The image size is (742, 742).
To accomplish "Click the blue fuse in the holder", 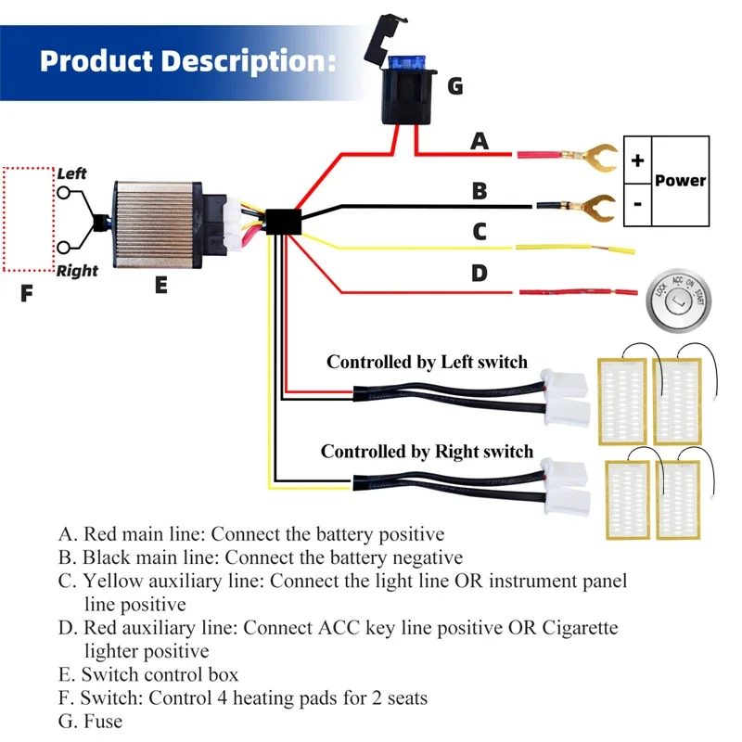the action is pyautogui.click(x=406, y=62).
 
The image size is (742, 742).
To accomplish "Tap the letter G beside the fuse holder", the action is pyautogui.click(x=455, y=86).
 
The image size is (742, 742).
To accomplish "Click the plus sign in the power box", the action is pyautogui.click(x=637, y=160).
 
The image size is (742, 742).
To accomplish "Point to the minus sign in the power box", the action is pyautogui.click(x=638, y=204).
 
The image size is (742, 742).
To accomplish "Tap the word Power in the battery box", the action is pyautogui.click(x=680, y=180).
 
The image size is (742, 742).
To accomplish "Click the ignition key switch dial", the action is pyautogui.click(x=679, y=301).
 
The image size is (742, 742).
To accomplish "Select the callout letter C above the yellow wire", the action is pyautogui.click(x=480, y=231).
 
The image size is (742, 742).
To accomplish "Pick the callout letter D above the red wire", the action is pyautogui.click(x=480, y=273).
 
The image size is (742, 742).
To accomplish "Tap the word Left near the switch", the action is pyautogui.click(x=72, y=173).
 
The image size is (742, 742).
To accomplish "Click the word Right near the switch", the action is pyautogui.click(x=77, y=271).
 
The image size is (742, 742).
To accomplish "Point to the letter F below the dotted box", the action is pyautogui.click(x=27, y=293).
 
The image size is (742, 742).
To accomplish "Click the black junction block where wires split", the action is pyautogui.click(x=284, y=222).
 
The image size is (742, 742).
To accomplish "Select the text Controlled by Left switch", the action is pyautogui.click(x=427, y=362).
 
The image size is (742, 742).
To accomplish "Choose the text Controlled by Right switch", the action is pyautogui.click(x=427, y=452).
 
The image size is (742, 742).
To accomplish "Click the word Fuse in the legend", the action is pyautogui.click(x=103, y=722).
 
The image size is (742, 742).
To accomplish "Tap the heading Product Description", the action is pyautogui.click(x=188, y=61).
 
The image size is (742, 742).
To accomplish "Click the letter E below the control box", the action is pyautogui.click(x=160, y=286).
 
